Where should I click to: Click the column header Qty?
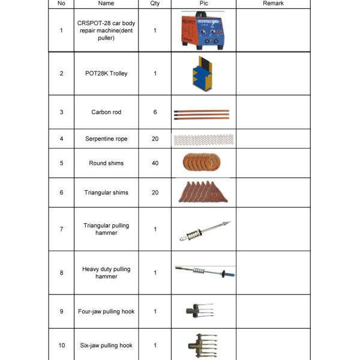point(155,4)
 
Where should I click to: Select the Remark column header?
point(273,4)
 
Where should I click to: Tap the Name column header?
point(106,4)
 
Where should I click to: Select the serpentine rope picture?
point(202,139)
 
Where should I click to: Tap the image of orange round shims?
point(202,163)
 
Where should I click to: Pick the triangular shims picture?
point(202,192)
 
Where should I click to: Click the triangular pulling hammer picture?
point(202,230)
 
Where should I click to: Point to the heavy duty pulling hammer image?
point(202,271)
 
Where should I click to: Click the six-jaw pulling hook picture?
point(199,346)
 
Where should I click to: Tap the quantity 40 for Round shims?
point(155,163)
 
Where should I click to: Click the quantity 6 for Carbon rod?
point(155,112)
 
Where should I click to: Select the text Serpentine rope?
point(106,139)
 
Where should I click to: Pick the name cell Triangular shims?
point(106,193)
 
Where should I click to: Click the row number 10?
point(61,346)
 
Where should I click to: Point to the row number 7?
point(61,229)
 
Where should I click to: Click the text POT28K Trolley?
point(106,74)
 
